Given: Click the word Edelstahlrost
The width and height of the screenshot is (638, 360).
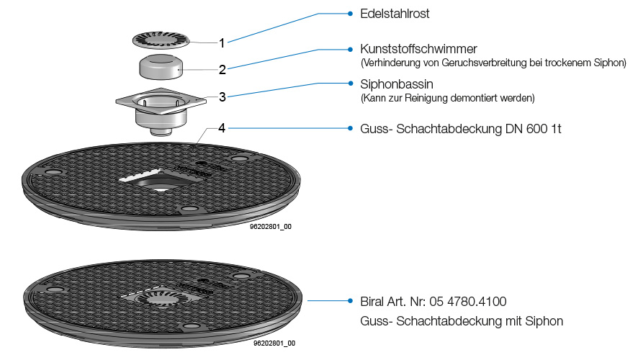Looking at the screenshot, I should click(395, 14).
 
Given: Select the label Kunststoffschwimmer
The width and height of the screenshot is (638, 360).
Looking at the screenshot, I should click(418, 50).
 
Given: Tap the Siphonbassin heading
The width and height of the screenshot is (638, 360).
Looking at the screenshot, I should click(396, 84).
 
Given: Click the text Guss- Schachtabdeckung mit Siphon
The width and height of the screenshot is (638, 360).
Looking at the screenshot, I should click(461, 321).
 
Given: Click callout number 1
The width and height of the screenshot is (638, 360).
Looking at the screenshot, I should click(222, 42).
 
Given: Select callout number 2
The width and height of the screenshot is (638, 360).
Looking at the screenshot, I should click(223, 70).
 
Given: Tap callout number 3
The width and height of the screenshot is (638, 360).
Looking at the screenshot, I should click(223, 96).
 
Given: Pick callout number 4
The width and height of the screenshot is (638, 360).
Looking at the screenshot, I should click(223, 128).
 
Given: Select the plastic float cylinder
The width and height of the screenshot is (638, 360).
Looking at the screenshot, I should click(161, 68).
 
